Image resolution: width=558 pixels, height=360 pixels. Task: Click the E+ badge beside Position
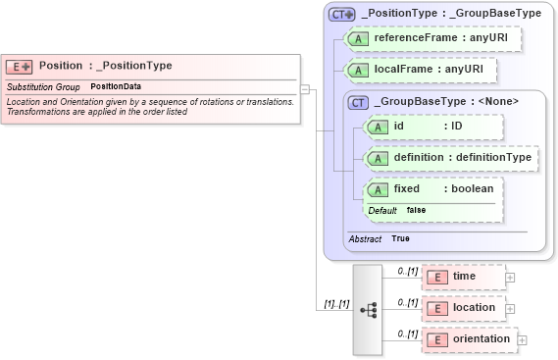[20, 66]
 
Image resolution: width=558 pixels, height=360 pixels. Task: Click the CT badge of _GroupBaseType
[359, 101]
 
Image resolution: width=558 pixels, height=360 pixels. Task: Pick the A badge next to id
[377, 127]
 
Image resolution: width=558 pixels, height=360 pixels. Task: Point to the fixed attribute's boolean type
[468, 188]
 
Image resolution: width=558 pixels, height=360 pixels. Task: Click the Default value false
[416, 210]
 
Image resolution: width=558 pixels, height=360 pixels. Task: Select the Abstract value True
[400, 238]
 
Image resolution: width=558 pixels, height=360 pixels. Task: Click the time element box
[464, 277]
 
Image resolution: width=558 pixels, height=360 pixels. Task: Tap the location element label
[474, 308]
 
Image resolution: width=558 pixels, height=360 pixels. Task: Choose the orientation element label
[481, 339]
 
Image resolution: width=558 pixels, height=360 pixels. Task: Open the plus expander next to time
[509, 278]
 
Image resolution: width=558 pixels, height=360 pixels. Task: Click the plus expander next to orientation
[522, 339]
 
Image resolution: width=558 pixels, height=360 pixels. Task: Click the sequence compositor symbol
[369, 308]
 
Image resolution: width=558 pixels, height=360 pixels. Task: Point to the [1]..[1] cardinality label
[337, 303]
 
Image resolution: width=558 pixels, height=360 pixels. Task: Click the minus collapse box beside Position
[305, 89]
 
